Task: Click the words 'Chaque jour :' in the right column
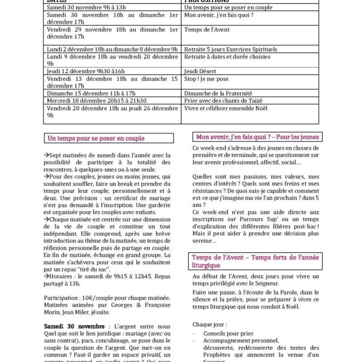click(x=209, y=324)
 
